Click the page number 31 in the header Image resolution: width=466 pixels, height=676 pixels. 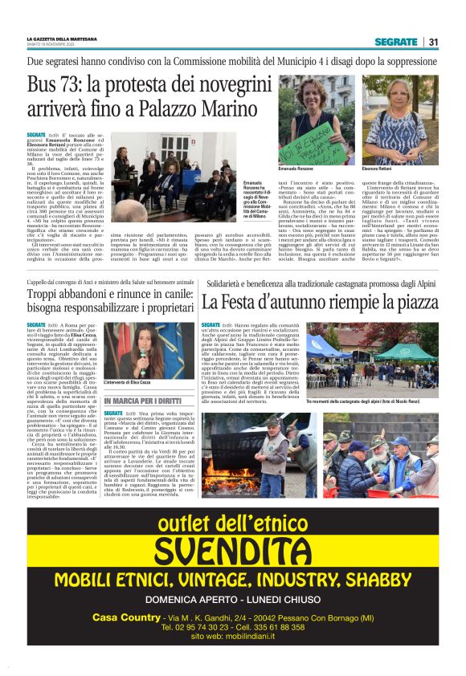[x=432, y=42]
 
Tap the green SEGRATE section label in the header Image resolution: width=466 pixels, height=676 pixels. [x=395, y=42]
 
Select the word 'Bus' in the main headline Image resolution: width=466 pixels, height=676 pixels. [x=42, y=84]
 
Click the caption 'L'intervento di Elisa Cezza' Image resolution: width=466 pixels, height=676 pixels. [x=126, y=381]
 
